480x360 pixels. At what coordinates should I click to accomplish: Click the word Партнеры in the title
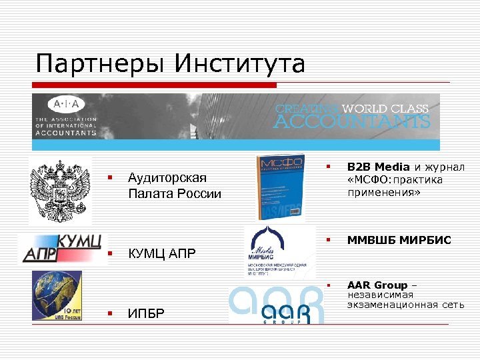tap(100, 65)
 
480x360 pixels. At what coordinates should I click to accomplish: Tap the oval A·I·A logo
tap(66, 105)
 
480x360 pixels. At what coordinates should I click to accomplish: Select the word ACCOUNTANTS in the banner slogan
tap(352, 122)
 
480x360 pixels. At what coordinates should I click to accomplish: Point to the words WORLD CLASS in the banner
tap(385, 108)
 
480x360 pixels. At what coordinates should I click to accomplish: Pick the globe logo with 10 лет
tap(57, 295)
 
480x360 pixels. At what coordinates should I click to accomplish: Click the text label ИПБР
tap(145, 313)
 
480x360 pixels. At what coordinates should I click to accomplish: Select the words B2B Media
tap(377, 167)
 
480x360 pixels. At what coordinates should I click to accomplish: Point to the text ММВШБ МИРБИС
tap(399, 240)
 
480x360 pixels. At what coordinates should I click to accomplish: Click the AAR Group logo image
tap(277, 305)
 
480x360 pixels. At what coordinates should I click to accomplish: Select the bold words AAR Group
tap(377, 285)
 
